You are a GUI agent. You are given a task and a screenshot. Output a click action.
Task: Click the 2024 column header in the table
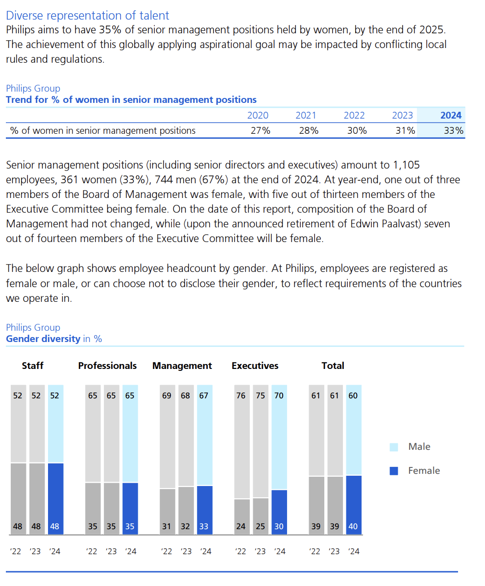[x=451, y=116]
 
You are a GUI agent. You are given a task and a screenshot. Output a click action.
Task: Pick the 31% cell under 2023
[x=405, y=130]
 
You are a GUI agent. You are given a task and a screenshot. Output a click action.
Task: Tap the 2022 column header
[x=354, y=116]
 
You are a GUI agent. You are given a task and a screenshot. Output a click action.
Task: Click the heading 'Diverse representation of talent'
[x=88, y=16]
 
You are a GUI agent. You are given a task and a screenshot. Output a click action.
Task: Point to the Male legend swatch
[x=393, y=447]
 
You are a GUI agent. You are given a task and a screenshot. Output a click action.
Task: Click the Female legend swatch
[x=393, y=471]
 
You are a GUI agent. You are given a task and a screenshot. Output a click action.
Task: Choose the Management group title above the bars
[x=182, y=366]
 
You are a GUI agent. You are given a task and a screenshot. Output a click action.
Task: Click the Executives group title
[x=255, y=366]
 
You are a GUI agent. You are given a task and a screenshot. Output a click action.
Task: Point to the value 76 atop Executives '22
[x=241, y=395]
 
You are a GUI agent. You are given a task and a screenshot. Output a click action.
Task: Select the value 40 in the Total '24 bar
[x=353, y=527]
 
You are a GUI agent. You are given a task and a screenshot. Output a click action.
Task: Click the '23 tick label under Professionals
[x=111, y=551]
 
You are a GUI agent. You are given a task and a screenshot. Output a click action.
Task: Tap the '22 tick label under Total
[x=315, y=551]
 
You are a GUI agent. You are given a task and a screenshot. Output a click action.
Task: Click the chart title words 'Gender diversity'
[x=43, y=339]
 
